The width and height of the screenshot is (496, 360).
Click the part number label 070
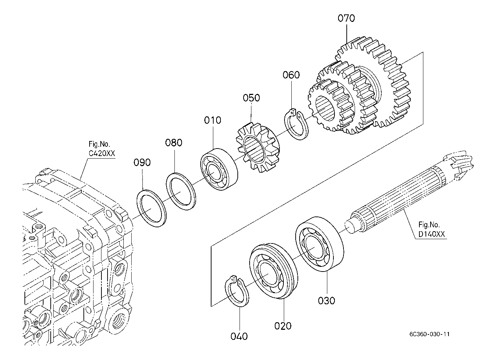(x=346, y=18)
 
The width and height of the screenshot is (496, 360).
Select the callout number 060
(x=291, y=75)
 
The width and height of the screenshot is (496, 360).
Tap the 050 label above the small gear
(x=251, y=98)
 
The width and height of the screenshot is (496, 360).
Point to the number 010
(x=213, y=120)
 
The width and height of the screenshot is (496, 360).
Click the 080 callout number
(x=174, y=143)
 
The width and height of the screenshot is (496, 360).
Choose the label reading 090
(x=142, y=163)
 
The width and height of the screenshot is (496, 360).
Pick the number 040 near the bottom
(x=239, y=336)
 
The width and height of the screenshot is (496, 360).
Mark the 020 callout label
(x=283, y=326)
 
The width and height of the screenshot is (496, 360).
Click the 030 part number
(x=326, y=301)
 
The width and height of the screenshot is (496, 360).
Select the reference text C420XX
(x=102, y=154)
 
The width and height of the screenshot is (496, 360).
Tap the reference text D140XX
(x=432, y=234)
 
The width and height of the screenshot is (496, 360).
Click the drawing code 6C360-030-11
(x=429, y=334)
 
